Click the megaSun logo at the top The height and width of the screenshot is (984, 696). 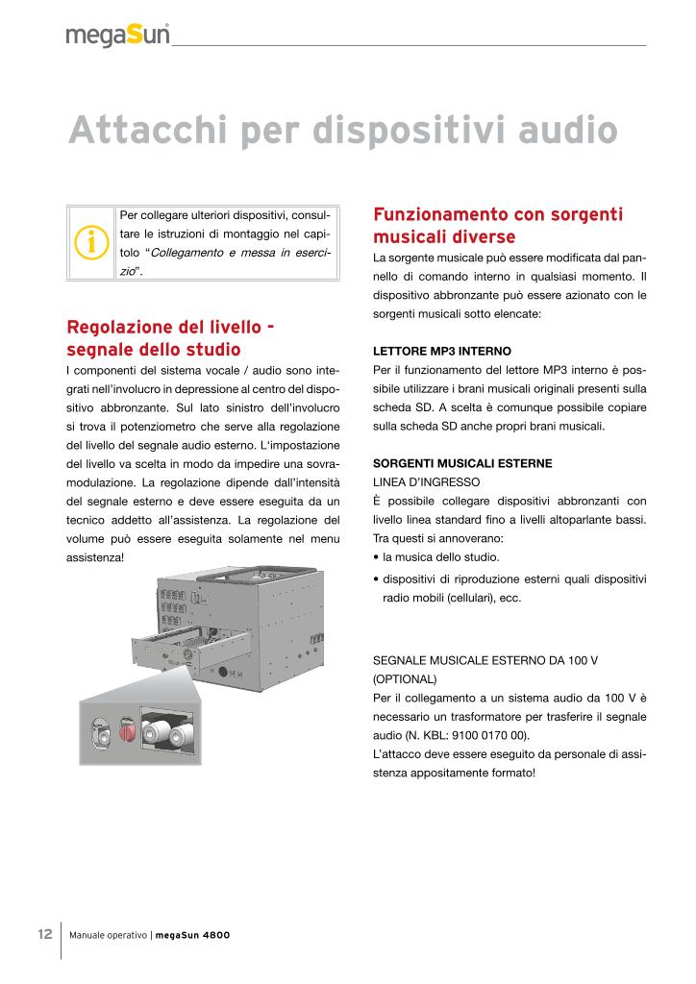point(117,35)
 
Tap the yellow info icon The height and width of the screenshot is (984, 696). point(92,243)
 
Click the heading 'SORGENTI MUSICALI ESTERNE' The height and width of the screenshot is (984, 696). point(462,462)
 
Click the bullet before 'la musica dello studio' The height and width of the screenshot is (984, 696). point(375,557)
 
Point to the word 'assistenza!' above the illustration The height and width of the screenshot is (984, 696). point(95,556)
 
